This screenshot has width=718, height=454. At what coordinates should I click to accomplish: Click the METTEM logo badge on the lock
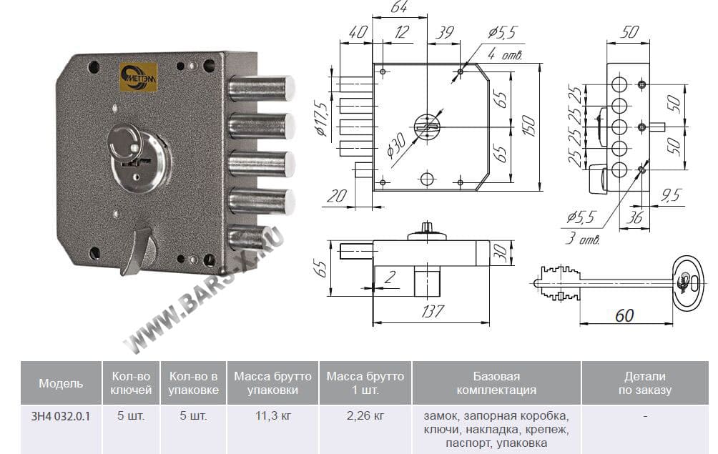(x=138, y=75)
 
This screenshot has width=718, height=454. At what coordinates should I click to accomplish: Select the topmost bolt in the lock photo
(x=262, y=88)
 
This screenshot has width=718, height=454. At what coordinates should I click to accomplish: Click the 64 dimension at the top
(x=399, y=8)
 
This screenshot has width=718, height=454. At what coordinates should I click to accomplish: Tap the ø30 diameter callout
(x=397, y=145)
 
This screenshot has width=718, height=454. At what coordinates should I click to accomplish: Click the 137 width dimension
(x=432, y=311)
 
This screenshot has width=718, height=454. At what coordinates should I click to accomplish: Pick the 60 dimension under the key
(x=624, y=315)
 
